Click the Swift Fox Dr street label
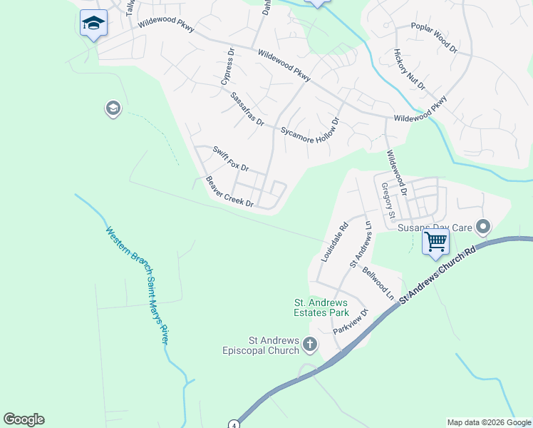[230, 158]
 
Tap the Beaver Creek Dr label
[229, 192]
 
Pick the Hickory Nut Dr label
[409, 70]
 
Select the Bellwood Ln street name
[378, 282]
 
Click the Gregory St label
[388, 201]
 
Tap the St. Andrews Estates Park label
[321, 307]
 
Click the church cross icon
[309, 345]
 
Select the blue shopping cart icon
[435, 241]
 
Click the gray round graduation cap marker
[112, 108]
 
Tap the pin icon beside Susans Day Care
[484, 228]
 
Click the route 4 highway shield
[234, 424]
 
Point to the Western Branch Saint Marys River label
[138, 285]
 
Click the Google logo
[24, 419]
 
